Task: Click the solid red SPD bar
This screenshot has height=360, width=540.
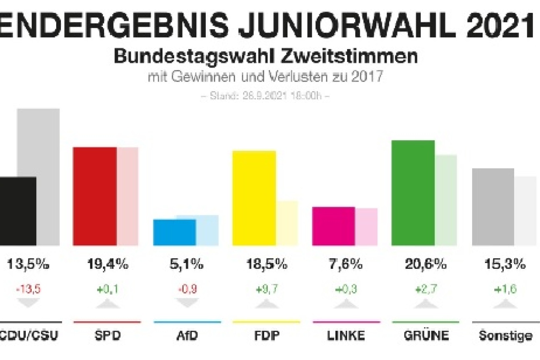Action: click(95, 196)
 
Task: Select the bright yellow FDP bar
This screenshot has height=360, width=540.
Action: click(254, 198)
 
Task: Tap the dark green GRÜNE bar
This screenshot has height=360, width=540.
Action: click(413, 193)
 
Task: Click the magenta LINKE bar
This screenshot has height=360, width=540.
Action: click(334, 226)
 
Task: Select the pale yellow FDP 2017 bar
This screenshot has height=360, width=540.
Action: click(287, 223)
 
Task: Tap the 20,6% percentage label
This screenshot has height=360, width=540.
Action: click(425, 264)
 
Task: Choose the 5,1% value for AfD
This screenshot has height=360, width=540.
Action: click(187, 264)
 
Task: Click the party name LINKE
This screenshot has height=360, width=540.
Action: click(346, 335)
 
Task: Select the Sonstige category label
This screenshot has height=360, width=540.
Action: click(505, 335)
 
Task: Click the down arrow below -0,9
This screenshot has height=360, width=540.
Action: click(187, 303)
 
